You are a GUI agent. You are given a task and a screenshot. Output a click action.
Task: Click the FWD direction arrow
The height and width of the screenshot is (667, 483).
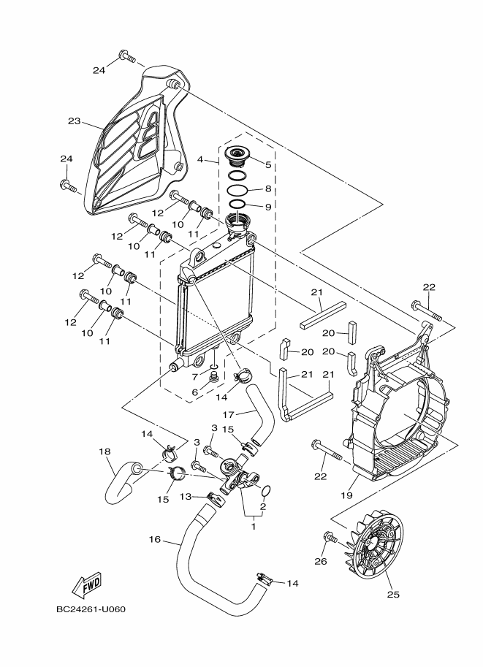(86, 585)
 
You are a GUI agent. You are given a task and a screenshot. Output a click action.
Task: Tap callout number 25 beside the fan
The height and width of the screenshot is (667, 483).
(393, 594)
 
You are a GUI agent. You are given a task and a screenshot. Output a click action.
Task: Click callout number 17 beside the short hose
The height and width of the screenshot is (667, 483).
(227, 413)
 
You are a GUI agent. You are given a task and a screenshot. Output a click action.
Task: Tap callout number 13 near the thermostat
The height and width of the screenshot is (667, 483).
(186, 496)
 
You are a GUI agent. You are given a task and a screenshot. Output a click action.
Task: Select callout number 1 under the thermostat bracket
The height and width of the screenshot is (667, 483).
(254, 524)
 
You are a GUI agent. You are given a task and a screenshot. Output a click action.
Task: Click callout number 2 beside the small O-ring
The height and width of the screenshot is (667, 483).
(262, 506)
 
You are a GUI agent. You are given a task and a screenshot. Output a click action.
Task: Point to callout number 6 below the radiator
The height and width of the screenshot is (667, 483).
(195, 392)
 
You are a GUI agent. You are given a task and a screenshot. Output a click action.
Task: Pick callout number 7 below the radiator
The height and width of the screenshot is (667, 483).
(195, 377)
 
